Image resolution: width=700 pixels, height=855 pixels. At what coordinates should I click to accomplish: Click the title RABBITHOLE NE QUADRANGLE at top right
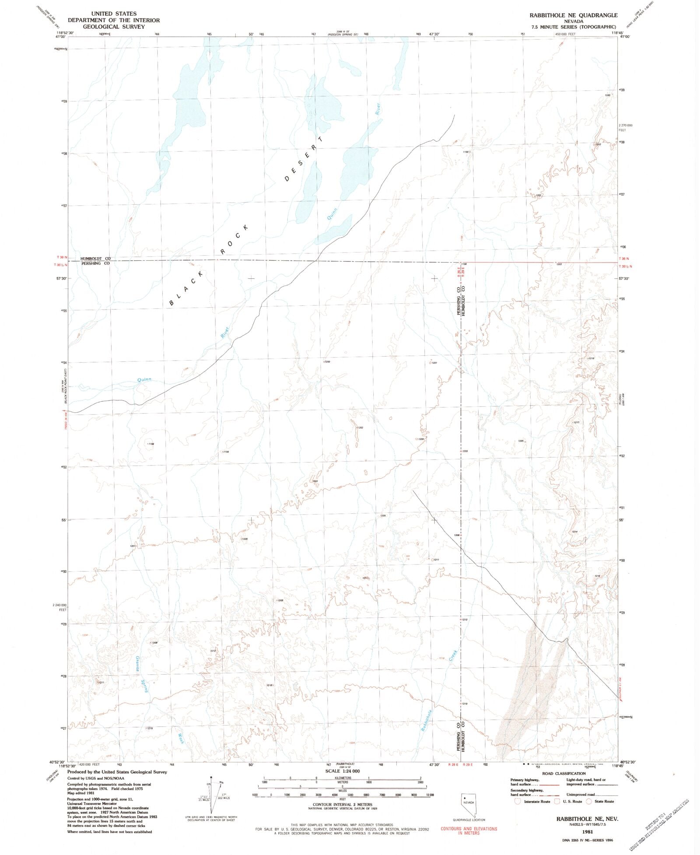(x=573, y=15)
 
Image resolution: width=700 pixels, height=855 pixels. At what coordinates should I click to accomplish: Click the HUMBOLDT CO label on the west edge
(x=95, y=259)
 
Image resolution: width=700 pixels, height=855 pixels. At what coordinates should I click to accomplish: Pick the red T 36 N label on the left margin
(x=62, y=257)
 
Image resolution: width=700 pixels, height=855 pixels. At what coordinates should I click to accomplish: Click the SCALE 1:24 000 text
(x=343, y=771)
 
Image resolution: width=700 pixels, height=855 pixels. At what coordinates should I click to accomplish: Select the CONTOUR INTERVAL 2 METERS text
(x=343, y=805)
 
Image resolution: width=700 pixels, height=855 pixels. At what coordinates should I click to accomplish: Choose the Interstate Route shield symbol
(x=518, y=801)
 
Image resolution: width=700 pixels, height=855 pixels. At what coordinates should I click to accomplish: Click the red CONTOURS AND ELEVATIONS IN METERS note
(x=469, y=830)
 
